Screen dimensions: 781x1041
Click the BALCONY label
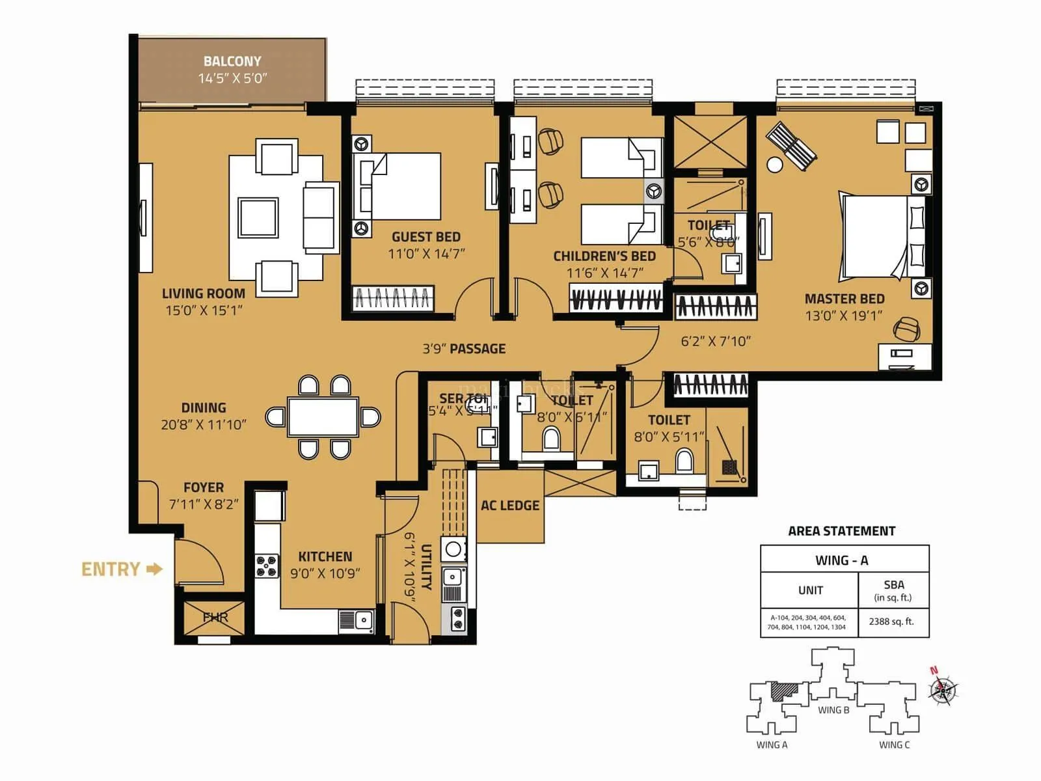tap(232, 61)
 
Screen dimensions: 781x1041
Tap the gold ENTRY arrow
tap(154, 569)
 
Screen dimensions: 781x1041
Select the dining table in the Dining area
tap(323, 417)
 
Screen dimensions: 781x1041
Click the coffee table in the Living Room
tap(258, 217)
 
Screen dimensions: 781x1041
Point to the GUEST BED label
tap(426, 237)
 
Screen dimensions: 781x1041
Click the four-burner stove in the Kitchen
tap(267, 566)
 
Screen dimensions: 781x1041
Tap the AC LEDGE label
tap(510, 506)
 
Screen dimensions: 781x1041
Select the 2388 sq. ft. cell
tap(891, 622)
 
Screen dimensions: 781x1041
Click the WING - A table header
tap(842, 560)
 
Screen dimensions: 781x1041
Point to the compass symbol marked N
tap(942, 689)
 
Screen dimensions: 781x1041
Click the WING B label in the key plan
tap(833, 710)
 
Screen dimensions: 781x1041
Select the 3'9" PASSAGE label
tap(464, 349)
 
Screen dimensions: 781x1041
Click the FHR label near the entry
tap(215, 617)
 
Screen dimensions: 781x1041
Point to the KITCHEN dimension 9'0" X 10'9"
tap(325, 573)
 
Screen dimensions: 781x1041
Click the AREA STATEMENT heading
tap(841, 531)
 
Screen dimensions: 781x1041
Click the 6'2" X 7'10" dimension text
tap(716, 341)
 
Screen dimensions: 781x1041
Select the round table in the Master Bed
tap(775, 165)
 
